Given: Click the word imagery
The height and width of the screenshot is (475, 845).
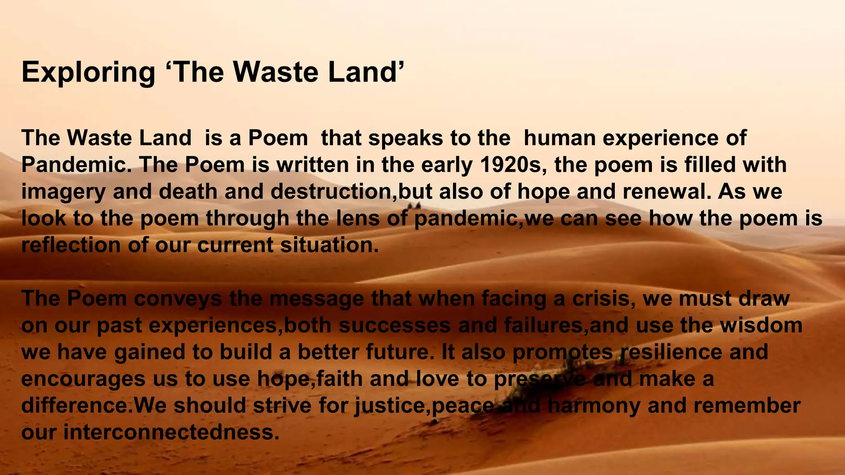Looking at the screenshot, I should [x=63, y=192].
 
